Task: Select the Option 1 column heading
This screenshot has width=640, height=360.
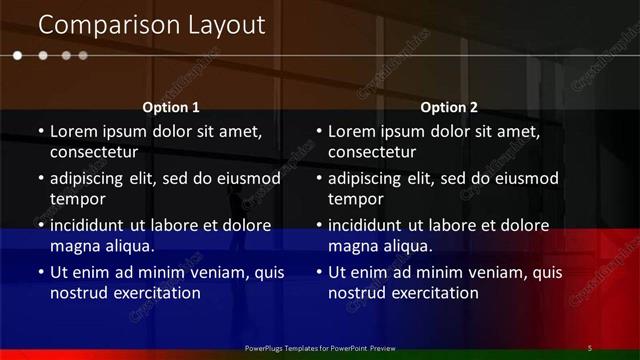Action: tap(171, 107)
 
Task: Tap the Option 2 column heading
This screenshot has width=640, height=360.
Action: tap(449, 107)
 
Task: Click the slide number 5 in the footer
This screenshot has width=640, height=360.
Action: tap(590, 348)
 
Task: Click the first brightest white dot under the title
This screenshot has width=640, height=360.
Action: tap(17, 56)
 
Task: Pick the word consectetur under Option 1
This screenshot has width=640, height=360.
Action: tap(94, 153)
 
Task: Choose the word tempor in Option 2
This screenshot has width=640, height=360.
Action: tap(352, 200)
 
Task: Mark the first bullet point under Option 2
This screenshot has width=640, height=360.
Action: tap(319, 131)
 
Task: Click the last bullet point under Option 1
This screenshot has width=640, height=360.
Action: tap(41, 272)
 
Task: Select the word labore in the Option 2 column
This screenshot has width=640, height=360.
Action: tap(467, 225)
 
